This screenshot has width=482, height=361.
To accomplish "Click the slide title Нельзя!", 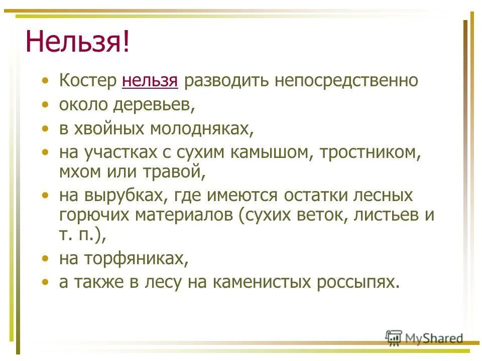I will [78, 42].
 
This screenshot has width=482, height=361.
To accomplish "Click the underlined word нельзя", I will [150, 81].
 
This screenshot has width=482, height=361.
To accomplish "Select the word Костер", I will [87, 81].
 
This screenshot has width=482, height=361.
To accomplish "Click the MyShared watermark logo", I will [424, 338].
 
